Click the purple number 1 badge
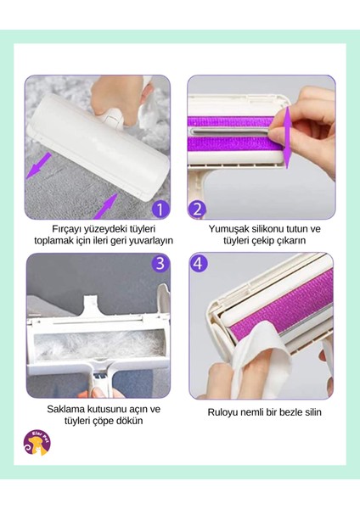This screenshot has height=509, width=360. point(160,209)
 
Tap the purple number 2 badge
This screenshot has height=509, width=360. point(197,209)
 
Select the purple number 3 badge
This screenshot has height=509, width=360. point(160,264)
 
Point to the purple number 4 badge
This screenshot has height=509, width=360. point(199,264)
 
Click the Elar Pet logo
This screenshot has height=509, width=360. point(37,442)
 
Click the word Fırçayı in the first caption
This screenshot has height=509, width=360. point(66,229)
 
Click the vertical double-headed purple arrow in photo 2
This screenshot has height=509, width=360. point(287,137)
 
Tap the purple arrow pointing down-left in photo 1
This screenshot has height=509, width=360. point(39,165)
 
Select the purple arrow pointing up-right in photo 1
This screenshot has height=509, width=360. point(105,206)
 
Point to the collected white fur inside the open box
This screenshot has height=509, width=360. point(98,346)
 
